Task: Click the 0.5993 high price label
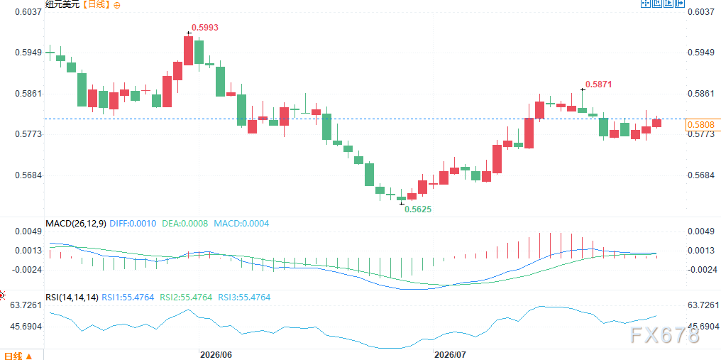point(204,28)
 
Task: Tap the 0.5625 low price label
point(417,209)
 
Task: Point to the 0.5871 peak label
point(599,84)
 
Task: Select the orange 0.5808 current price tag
point(700,124)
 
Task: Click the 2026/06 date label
point(216,355)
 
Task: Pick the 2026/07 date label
point(451,355)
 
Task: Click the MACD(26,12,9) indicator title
point(76,224)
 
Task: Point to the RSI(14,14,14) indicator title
point(72,298)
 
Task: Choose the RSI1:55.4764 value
point(128,298)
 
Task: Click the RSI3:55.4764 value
point(244,298)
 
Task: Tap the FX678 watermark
point(665,336)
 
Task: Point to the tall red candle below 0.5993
point(189,50)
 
